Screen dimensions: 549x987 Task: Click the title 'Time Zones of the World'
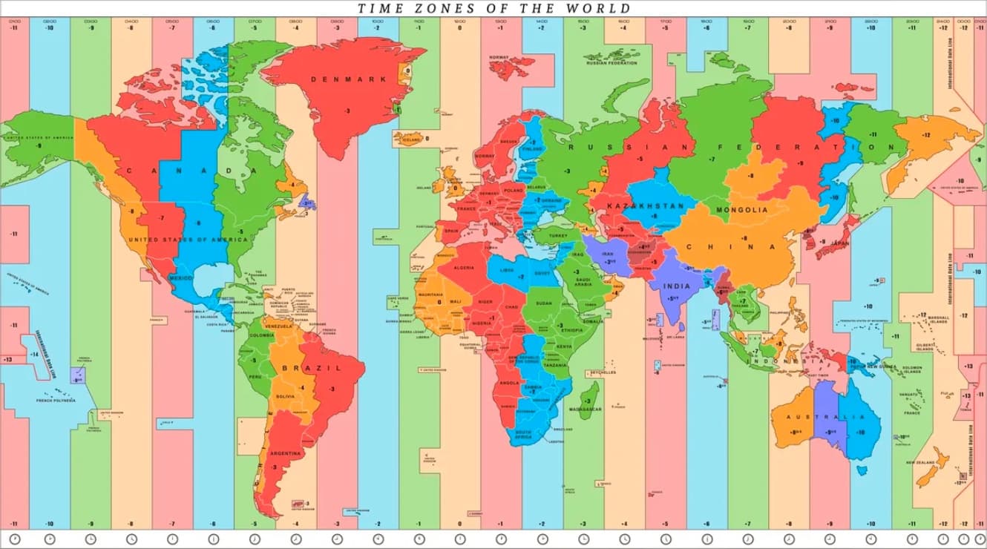[494, 8]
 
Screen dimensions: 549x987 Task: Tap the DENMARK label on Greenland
[338, 79]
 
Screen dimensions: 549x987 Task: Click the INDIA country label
[677, 286]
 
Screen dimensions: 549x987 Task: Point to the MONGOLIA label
[742, 210]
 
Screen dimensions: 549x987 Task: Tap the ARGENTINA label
[286, 453]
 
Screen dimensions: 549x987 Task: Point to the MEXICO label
[181, 277]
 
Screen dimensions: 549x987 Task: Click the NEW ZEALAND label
[919, 462]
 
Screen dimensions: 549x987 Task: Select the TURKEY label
[557, 235]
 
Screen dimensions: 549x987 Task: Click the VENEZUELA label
[279, 326]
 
